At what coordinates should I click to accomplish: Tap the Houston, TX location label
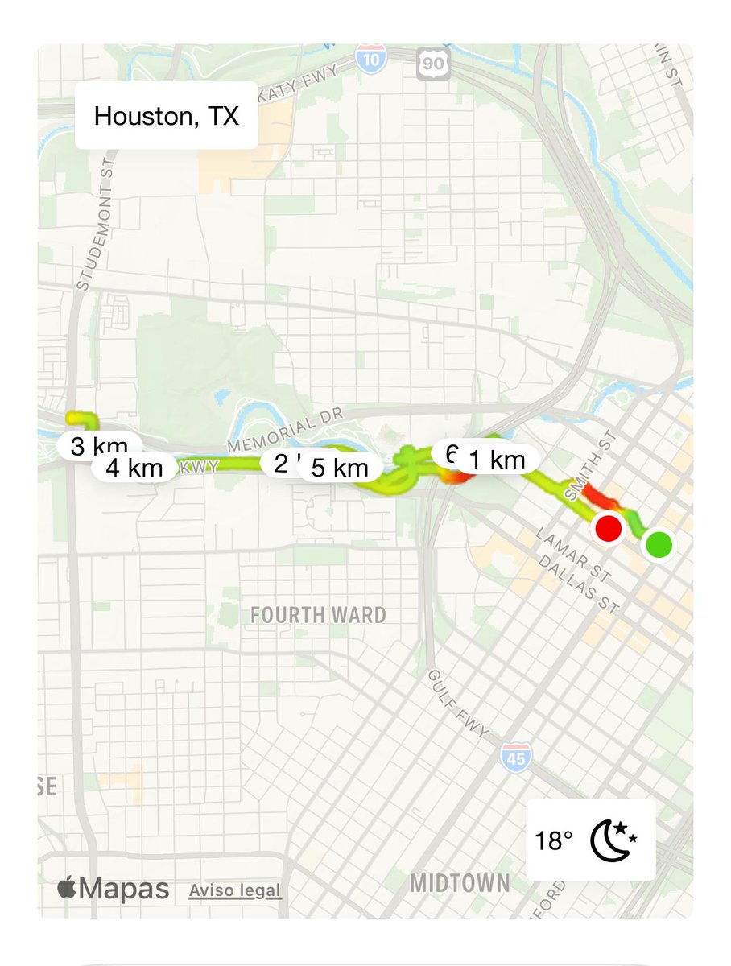pyautogui.click(x=167, y=116)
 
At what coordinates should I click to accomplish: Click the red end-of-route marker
pyautogui.click(x=608, y=529)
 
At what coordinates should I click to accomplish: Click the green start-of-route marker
pyautogui.click(x=659, y=545)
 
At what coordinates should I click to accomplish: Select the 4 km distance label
pyautogui.click(x=134, y=468)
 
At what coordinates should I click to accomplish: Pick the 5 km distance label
pyautogui.click(x=339, y=468)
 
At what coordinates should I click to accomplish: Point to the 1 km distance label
pyautogui.click(x=497, y=460)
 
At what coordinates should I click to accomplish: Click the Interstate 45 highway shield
pyautogui.click(x=514, y=758)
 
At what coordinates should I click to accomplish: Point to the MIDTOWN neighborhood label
pyautogui.click(x=460, y=883)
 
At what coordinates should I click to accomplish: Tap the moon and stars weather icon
pyautogui.click(x=613, y=840)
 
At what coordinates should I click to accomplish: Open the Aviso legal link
pyautogui.click(x=235, y=891)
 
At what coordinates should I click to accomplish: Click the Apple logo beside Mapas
pyautogui.click(x=66, y=889)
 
